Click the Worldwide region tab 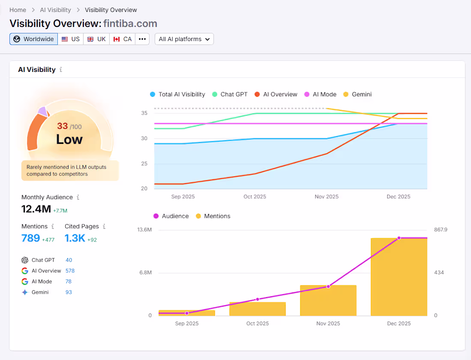33,39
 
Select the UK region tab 96,39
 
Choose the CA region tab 122,39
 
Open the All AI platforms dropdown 184,39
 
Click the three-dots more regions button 142,39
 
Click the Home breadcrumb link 18,10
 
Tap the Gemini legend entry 357,94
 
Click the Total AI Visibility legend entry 177,94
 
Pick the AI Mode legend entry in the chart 320,94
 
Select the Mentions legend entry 213,216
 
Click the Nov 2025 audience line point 328,286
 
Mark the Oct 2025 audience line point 258,299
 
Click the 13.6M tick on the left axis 144,230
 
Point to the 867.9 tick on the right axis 441,230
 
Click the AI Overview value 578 70,271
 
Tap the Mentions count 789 31,238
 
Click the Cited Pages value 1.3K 75,238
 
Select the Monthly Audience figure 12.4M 36,209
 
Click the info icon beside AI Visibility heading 61,69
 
